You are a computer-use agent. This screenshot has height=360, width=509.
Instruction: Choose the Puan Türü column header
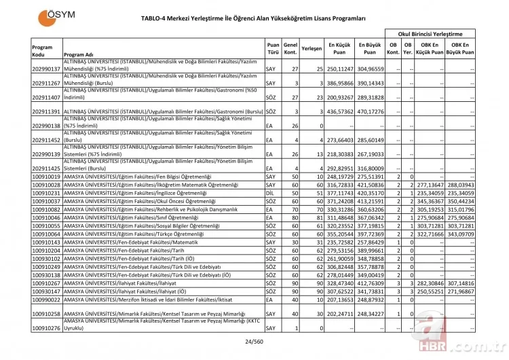pos(273,48)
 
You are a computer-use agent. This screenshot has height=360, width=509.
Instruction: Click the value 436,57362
pos(340,111)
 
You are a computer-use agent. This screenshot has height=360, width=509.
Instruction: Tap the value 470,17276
pos(370,111)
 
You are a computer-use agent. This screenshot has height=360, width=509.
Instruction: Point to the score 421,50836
pos(370,185)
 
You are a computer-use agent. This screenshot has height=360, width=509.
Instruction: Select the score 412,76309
pos(370,282)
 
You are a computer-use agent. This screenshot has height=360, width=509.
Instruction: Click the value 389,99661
pos(370,249)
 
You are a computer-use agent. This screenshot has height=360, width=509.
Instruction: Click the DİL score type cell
pos(271,193)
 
